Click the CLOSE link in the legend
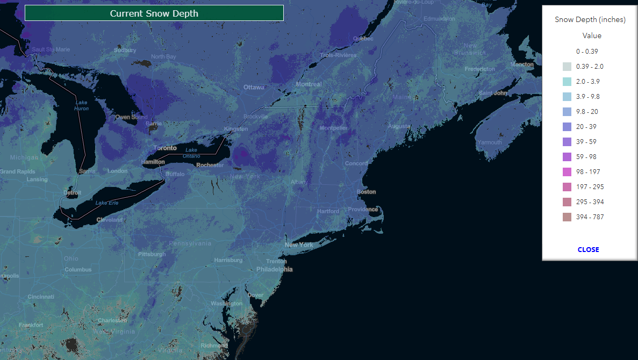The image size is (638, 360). (x=588, y=249)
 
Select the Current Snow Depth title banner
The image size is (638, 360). (x=154, y=13)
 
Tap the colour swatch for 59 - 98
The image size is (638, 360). (x=567, y=157)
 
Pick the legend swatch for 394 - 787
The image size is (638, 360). (x=567, y=217)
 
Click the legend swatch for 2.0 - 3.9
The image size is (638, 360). (x=567, y=82)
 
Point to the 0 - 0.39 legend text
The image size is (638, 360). (x=587, y=52)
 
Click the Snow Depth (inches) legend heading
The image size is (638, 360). (x=590, y=20)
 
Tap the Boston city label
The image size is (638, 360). (x=367, y=192)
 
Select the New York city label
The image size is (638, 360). (x=299, y=245)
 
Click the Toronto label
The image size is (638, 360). (x=165, y=148)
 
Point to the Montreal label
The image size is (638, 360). (x=309, y=84)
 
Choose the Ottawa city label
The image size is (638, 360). (x=254, y=87)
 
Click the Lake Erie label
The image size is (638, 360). (x=107, y=203)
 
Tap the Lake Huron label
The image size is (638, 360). (x=81, y=105)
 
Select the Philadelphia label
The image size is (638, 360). (x=275, y=269)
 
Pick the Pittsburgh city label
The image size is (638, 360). (x=152, y=254)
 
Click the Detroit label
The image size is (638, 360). (x=73, y=192)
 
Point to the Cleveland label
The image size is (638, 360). (x=110, y=220)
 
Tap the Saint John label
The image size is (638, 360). (x=493, y=93)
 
